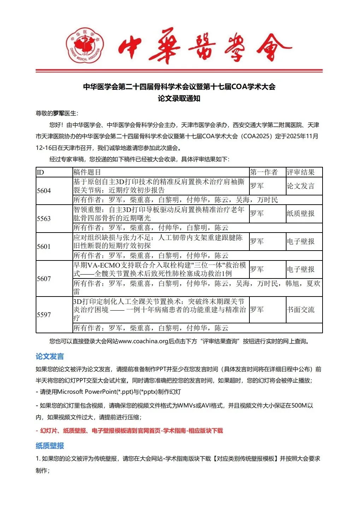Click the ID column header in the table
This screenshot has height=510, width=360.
[40, 172]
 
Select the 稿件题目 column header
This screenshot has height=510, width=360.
[87, 172]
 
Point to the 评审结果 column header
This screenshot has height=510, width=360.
[300, 172]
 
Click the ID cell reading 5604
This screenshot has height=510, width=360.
[44, 191]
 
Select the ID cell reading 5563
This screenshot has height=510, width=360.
[44, 218]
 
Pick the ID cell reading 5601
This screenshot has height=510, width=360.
[44, 246]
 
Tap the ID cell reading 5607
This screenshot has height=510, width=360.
[44, 279]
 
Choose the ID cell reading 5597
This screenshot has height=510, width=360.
[44, 315]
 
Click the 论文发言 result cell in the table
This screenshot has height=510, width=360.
[300, 186]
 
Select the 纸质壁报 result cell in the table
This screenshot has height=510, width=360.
[300, 213]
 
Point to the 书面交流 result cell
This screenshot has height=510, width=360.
[300, 310]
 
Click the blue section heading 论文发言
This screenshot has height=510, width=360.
[50, 356]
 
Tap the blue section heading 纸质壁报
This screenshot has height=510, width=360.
[50, 446]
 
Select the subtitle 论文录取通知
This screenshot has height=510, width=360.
[179, 98]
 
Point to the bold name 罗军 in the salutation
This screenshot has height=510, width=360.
[59, 113]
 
